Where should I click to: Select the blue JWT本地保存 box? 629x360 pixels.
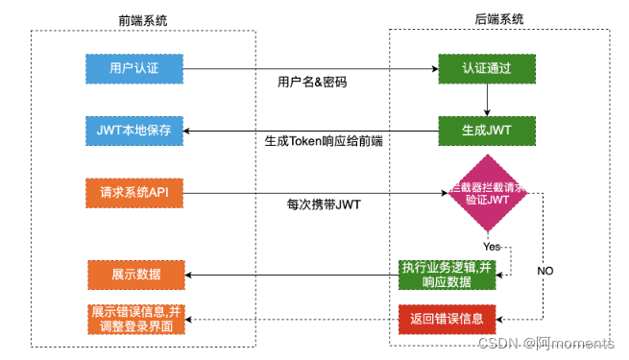pos(134,130)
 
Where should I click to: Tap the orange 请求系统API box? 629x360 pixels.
pos(134,192)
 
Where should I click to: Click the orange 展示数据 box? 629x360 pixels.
pos(134,275)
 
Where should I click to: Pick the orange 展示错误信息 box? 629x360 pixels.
pos(134,318)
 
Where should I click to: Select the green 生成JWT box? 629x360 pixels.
pos(488,130)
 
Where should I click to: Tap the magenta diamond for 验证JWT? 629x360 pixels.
pos(488,196)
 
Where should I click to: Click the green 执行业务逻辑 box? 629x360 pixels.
pos(448,275)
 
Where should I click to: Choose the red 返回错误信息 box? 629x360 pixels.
pos(448,318)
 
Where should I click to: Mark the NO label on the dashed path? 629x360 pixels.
pos(544,272)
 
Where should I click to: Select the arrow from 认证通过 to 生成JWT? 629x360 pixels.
pos(488,99)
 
